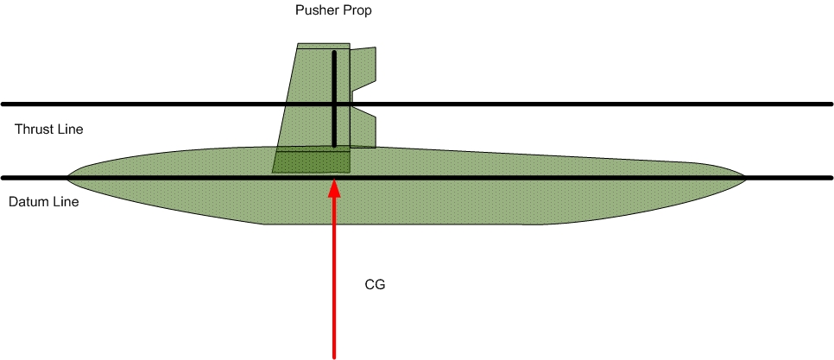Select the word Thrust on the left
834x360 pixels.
click(x=32, y=129)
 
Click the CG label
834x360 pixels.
click(x=374, y=283)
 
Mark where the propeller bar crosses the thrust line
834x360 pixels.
click(x=335, y=104)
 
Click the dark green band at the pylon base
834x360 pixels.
click(x=312, y=161)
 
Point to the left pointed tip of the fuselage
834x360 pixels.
click(x=69, y=178)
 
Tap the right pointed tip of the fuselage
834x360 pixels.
click(x=744, y=179)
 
